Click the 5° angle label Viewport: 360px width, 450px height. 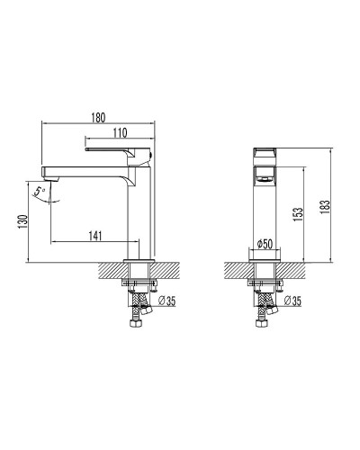[x=38, y=190]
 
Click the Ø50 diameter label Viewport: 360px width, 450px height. [x=265, y=244]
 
